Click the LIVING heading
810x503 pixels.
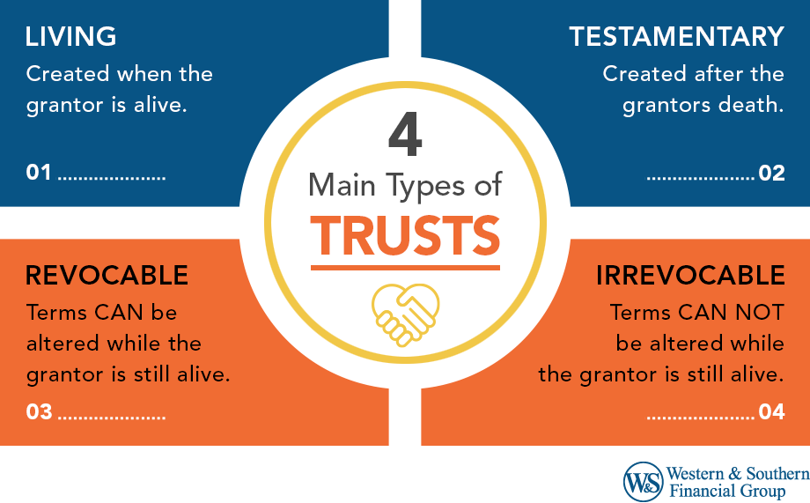71,37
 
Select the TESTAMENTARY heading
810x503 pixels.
676,37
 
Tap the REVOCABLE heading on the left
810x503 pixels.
107,276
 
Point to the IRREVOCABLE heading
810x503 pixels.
690,276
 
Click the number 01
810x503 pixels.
39,173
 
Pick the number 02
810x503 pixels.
771,173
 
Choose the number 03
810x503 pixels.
40,411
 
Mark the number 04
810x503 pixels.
771,411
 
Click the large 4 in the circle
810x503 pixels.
404,137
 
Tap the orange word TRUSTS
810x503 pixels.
406,233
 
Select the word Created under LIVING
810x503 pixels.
67,73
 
